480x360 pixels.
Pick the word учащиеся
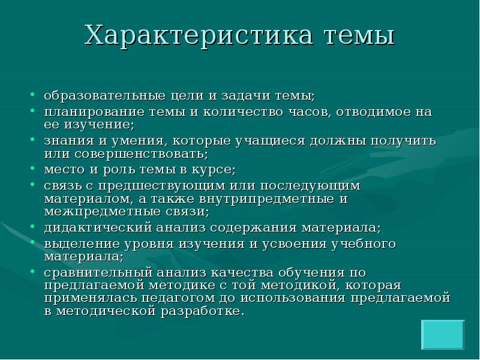pos(267,142)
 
